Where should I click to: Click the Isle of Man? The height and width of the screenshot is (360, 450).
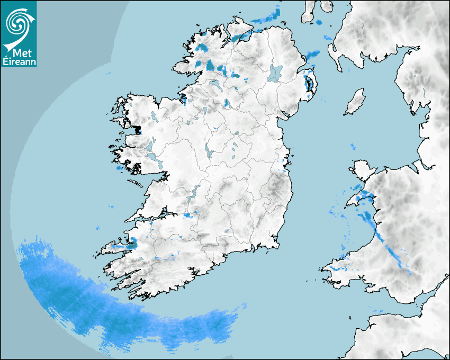click(355, 102)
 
